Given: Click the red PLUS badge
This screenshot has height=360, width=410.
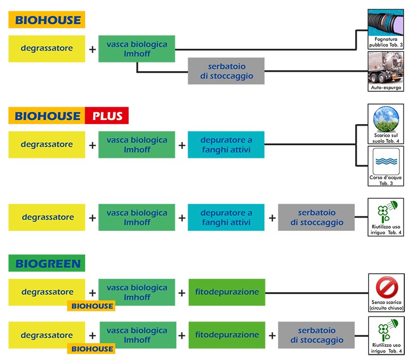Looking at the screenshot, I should click(x=107, y=115).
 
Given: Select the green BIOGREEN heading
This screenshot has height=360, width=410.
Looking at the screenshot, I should click(x=47, y=264).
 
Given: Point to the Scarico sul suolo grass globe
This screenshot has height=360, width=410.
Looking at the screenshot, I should click(x=386, y=119).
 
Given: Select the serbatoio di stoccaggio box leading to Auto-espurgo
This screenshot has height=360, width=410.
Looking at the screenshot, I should click(x=226, y=71).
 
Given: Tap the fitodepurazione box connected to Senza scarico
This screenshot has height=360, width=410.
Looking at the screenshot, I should click(x=227, y=292).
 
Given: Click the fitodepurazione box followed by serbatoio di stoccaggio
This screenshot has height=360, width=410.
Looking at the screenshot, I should click(x=227, y=335).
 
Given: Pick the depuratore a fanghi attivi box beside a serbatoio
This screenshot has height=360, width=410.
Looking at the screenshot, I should click(x=227, y=217).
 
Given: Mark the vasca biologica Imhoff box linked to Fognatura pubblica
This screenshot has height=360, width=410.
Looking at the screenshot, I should click(x=137, y=49).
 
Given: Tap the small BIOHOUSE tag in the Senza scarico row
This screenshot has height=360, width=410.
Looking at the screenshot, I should click(x=91, y=306).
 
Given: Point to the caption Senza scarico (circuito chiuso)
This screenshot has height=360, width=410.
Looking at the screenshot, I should click(x=386, y=306).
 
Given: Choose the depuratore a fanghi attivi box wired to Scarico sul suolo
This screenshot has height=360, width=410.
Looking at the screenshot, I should click(x=227, y=145).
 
